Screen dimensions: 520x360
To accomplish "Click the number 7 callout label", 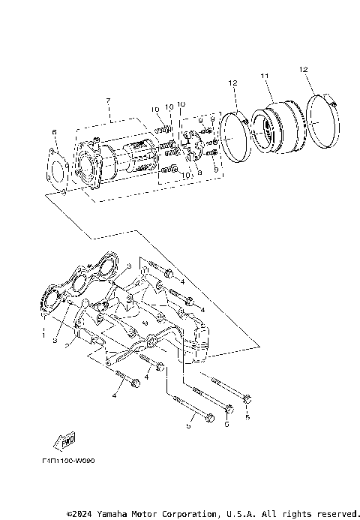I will tap(108, 101).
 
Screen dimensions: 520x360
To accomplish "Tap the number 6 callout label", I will tap(54, 133).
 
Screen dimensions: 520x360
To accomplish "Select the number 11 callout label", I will tap(264, 76).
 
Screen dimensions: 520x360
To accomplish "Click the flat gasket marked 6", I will tap(58, 168).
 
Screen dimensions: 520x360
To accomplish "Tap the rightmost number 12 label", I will tap(304, 70).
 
